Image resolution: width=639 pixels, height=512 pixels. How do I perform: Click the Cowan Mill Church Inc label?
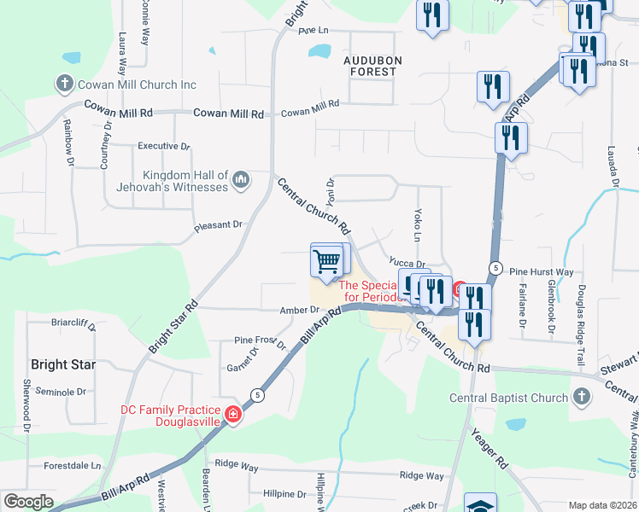(x=138, y=84)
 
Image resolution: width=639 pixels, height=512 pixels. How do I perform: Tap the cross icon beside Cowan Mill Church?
(x=64, y=84)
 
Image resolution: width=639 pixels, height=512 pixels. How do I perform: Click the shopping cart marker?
(x=326, y=262)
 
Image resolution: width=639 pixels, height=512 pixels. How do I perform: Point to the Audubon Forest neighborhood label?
(x=370, y=66)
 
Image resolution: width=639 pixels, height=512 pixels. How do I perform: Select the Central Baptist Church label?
(x=510, y=398)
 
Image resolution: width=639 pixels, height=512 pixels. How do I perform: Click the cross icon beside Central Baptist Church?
(x=581, y=398)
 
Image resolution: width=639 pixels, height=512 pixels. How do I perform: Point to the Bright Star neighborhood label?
(x=62, y=364)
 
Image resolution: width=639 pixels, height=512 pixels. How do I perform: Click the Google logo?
(x=28, y=502)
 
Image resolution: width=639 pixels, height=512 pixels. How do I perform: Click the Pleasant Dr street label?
(x=219, y=225)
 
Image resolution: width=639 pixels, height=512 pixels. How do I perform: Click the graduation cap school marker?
(x=480, y=504)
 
